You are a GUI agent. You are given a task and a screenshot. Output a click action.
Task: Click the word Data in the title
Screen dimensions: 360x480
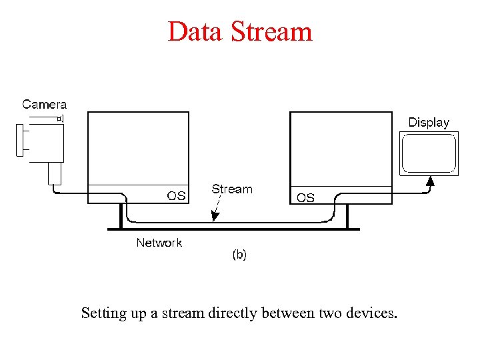pos(195,31)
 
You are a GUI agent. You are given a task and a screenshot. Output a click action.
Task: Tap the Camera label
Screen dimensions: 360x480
pos(45,104)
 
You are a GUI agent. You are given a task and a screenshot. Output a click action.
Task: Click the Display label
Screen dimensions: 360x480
pos(429,123)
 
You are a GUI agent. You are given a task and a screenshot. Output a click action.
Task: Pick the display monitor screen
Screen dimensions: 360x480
pos(429,153)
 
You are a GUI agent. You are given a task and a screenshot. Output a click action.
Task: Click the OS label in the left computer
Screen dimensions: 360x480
pos(176,195)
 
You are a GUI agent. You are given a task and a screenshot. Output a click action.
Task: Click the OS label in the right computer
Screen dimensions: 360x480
pos(305,198)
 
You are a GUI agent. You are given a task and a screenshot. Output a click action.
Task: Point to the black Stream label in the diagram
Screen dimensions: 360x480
pos(232,189)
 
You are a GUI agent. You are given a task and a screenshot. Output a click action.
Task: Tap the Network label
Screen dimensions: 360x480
pos(159,243)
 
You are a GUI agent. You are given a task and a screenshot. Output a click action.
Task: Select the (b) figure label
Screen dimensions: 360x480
pos(239,255)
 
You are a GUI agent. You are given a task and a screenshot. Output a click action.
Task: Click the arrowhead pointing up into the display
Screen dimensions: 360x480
pos(431,180)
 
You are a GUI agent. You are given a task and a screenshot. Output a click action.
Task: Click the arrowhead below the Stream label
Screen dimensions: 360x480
pos(213,217)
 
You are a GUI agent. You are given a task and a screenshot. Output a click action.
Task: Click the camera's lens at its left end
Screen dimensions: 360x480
pos(19,140)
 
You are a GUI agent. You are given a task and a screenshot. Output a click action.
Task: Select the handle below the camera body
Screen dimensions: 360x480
pos(55,173)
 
